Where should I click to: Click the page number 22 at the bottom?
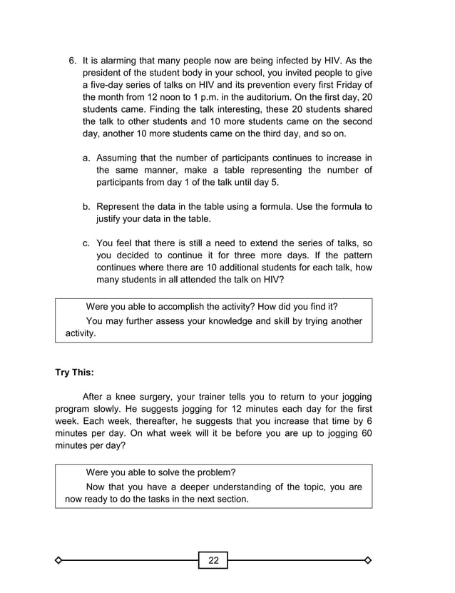point(213,560)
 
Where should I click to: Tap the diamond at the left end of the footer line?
point(59,560)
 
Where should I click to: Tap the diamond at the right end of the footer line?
point(368,560)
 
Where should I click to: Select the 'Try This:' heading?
point(74,372)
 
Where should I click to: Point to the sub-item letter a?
point(87,157)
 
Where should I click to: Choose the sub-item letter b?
point(87,206)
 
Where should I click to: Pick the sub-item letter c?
point(87,243)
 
